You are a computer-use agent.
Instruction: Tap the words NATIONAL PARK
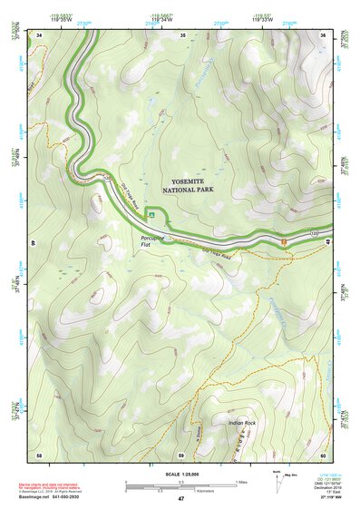pyautogui.click(x=184, y=191)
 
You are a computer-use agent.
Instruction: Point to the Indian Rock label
pyautogui.click(x=242, y=423)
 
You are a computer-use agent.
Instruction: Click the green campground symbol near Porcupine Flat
pyautogui.click(x=153, y=215)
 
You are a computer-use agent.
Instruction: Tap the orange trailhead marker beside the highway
pyautogui.click(x=284, y=241)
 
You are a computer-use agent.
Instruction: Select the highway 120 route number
pyautogui.click(x=315, y=233)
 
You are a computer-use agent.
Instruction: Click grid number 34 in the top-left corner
pyautogui.click(x=40, y=34)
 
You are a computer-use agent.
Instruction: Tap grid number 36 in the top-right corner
pyautogui.click(x=324, y=34)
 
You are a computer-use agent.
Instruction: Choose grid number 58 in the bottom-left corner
pyautogui.click(x=39, y=454)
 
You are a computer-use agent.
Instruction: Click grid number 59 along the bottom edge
pyautogui.click(x=181, y=454)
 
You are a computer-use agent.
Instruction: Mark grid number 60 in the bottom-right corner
pyautogui.click(x=323, y=454)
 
